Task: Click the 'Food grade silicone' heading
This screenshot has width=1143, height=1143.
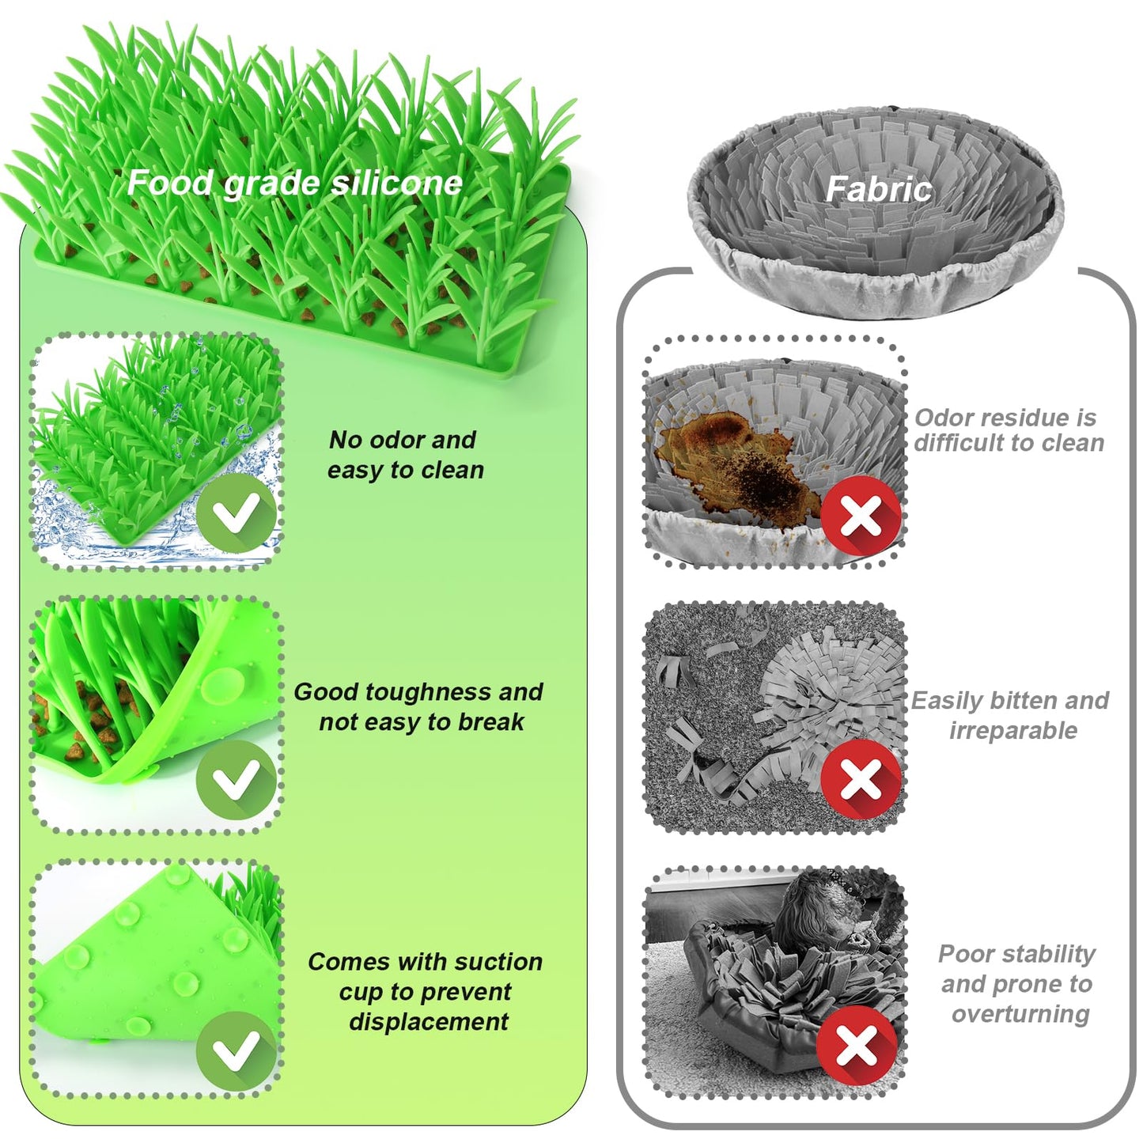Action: click(x=294, y=184)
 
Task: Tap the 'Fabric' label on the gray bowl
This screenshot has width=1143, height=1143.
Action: click(x=878, y=190)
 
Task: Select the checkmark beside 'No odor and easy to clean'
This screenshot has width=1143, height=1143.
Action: click(x=237, y=513)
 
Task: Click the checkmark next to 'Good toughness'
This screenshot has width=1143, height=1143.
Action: click(x=237, y=780)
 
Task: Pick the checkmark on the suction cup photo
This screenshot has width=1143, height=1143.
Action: click(x=237, y=1051)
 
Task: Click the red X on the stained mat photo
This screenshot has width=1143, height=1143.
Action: click(x=861, y=517)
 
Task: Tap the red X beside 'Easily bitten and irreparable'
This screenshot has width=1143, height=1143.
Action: click(x=861, y=780)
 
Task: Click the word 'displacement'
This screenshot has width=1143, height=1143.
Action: click(x=428, y=1022)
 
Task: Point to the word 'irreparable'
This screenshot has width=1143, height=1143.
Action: click(x=1012, y=730)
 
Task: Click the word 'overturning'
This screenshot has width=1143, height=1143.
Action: click(x=1020, y=1014)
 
